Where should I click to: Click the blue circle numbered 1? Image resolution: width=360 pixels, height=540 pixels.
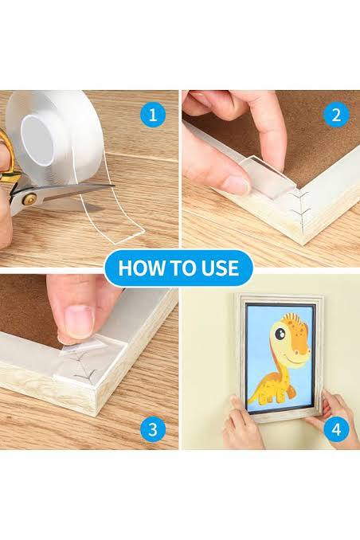pyautogui.click(x=153, y=115)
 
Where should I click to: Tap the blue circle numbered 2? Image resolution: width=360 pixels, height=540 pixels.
pyautogui.click(x=336, y=115)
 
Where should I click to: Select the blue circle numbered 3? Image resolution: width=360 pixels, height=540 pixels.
pyautogui.click(x=153, y=429)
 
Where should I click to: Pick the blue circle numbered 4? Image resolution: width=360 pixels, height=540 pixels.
pyautogui.click(x=336, y=429)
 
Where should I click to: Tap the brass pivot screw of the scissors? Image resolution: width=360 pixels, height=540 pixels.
pyautogui.click(x=30, y=198)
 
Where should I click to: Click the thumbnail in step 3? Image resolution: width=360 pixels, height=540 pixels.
pyautogui.click(x=79, y=319)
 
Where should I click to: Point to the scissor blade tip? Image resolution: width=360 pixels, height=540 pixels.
pyautogui.click(x=114, y=186)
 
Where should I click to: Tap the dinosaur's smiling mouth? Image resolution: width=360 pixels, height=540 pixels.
pyautogui.click(x=297, y=358)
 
